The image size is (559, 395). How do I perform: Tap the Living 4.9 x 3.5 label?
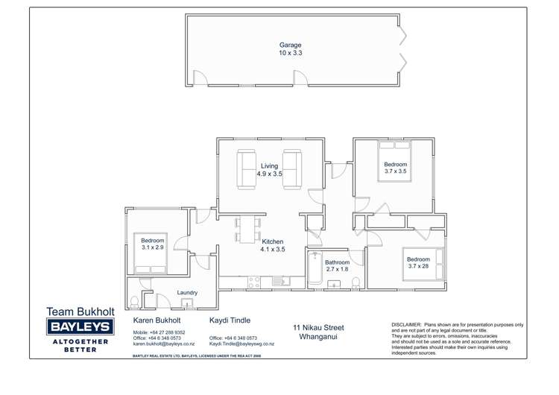pos(270,169)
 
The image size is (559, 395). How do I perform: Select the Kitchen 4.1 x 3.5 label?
pos(273,246)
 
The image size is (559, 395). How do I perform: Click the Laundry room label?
pos(187,293)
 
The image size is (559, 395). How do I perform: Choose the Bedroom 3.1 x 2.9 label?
pos(152,244)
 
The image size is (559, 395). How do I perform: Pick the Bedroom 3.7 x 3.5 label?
pos(395,168)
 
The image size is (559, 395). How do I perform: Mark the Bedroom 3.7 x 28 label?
pos(419,263)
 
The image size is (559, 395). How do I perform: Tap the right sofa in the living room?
pos(292,170)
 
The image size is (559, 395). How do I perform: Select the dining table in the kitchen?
pos(247,230)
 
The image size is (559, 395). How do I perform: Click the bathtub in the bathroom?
pos(315,270)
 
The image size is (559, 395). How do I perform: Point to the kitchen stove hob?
pos(252,282)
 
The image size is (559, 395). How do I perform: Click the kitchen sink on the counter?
pos(278,281)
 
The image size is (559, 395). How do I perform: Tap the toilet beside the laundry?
pos(134,302)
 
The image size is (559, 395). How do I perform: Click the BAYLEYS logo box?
pos(79,326)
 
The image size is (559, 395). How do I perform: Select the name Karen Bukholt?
pos(154,319)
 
